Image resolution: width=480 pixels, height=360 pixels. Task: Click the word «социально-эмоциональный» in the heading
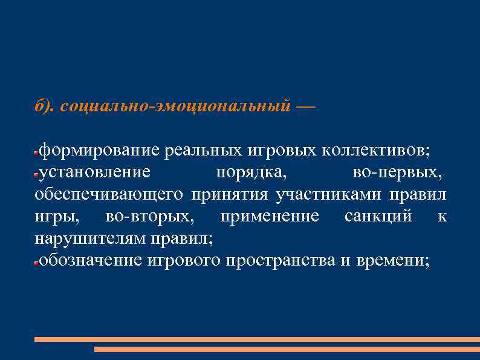[x=176, y=106]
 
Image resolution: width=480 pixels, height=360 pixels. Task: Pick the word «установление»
[x=95, y=172]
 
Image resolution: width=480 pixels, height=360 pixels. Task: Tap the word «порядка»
[x=251, y=172]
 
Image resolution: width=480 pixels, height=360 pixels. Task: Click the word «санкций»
[x=378, y=216]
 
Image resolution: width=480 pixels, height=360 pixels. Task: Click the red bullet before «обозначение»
[x=36, y=263]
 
